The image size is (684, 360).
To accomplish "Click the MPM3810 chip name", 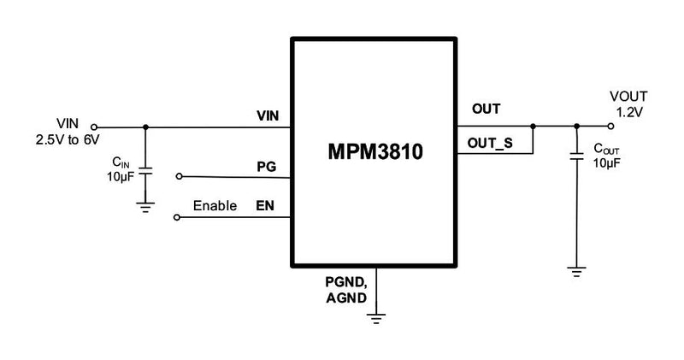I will coord(376,155).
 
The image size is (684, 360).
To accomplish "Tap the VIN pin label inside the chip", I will coord(268,115).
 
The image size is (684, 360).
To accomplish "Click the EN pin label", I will coord(268,206).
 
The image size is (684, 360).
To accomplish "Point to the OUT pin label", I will coord(486,109).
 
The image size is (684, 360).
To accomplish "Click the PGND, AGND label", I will coord(345,292).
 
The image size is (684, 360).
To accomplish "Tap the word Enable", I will coord(215,206).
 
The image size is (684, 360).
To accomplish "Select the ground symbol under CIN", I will coord(144,206).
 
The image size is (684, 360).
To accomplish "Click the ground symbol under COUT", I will coord(577,271).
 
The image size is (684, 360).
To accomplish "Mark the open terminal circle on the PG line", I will coord(178,176).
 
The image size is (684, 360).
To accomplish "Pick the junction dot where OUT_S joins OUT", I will coord(533,126).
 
